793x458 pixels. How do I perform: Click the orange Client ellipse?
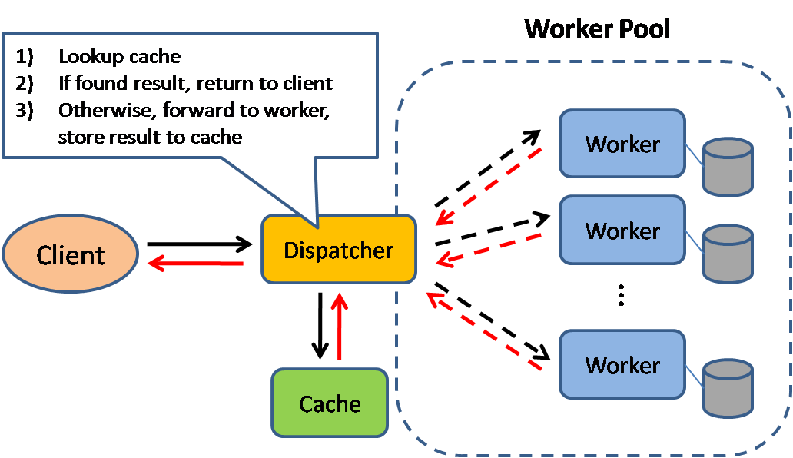[70, 254]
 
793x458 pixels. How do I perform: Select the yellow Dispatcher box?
[339, 250]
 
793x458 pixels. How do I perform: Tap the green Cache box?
[330, 403]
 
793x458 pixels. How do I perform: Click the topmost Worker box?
[622, 143]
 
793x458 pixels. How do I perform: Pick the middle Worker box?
[622, 230]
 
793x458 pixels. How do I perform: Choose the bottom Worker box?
[622, 364]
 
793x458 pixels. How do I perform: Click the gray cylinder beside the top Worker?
[728, 165]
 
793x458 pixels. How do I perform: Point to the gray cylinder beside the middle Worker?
[728, 253]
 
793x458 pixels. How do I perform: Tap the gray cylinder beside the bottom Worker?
[728, 387]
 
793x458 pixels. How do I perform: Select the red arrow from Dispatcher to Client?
[195, 264]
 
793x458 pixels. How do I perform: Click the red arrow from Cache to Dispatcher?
[339, 327]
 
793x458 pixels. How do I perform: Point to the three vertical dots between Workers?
[622, 296]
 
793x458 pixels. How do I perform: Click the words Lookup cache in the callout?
[119, 56]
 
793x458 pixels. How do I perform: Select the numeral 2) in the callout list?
[25, 83]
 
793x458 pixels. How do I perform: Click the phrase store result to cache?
[150, 137]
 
